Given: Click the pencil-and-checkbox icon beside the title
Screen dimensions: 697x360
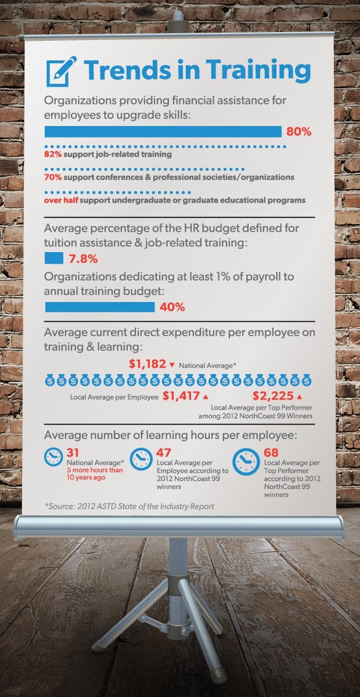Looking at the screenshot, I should [60, 70].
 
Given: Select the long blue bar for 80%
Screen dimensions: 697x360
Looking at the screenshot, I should [163, 132].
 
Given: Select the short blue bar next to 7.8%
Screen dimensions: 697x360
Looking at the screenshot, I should [54, 257].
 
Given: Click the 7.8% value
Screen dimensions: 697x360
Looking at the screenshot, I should [84, 257].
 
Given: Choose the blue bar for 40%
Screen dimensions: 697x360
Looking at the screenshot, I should [100, 307].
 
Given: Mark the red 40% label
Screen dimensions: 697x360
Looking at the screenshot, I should [171, 307].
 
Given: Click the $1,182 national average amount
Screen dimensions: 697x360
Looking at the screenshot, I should [147, 365].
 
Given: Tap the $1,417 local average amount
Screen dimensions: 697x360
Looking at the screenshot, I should [181, 397].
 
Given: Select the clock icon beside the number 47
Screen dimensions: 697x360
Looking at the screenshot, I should [141, 459].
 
